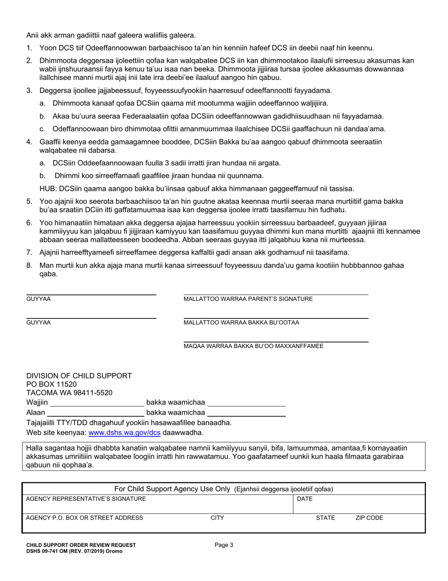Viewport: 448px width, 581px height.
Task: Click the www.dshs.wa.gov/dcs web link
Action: [124, 432]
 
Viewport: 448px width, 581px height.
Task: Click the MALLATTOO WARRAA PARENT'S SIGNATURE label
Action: [248, 299]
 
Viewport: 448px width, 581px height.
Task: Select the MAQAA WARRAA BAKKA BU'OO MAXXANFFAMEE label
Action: [253, 346]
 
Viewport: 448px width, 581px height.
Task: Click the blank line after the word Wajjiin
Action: [97, 403]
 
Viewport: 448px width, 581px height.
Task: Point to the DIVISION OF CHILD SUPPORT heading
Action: [79, 376]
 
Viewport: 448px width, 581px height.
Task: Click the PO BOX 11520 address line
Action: [51, 384]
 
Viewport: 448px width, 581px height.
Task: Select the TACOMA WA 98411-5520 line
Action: [69, 393]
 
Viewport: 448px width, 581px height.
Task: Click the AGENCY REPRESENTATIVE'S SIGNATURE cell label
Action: [86, 499]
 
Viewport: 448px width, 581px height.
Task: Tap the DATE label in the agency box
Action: [304, 499]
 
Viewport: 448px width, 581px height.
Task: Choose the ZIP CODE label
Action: [369, 518]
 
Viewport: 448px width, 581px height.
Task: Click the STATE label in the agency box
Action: [325, 518]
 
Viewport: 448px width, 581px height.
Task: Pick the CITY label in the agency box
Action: [217, 518]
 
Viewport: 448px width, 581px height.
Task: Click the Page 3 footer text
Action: [224, 545]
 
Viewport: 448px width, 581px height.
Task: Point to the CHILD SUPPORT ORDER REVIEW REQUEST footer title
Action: [81, 545]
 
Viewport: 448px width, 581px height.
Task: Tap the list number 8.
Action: [29, 265]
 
